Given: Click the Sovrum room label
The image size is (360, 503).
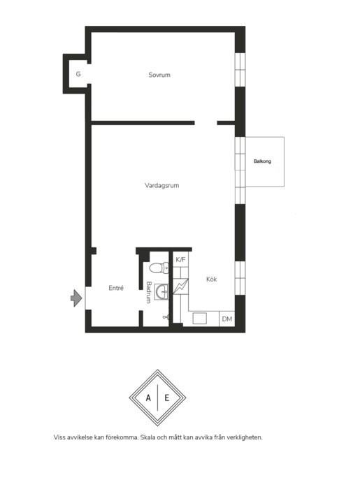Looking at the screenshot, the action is click(x=159, y=75).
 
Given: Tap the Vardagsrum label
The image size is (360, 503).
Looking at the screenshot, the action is click(x=161, y=185).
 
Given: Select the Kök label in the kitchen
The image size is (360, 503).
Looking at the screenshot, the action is click(x=211, y=279).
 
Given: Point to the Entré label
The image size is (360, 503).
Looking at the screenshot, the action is click(x=116, y=288).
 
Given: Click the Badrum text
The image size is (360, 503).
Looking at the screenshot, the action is click(x=149, y=292).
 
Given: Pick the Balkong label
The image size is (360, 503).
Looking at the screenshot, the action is click(x=262, y=161).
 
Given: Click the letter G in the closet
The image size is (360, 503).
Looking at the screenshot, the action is click(x=78, y=74).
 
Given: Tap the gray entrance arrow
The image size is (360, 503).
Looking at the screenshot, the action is click(x=76, y=298).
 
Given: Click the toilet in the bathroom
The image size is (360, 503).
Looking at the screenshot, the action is click(x=159, y=268).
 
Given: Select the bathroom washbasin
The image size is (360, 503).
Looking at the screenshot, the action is click(x=161, y=291).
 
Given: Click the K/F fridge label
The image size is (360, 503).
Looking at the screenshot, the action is click(x=180, y=259).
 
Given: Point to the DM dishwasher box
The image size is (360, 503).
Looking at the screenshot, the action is click(x=227, y=319).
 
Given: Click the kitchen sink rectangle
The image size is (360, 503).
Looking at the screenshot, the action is click(x=199, y=319).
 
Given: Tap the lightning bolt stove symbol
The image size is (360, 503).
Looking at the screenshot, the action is click(x=180, y=286).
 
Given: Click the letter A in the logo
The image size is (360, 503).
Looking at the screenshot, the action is click(x=148, y=398).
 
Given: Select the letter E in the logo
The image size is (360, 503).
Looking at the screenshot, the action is click(x=167, y=398).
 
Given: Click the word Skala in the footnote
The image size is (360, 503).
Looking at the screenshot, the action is click(x=148, y=437).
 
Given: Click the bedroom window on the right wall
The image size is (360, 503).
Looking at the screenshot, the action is click(x=240, y=70).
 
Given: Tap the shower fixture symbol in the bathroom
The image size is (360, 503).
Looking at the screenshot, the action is click(x=166, y=317).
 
